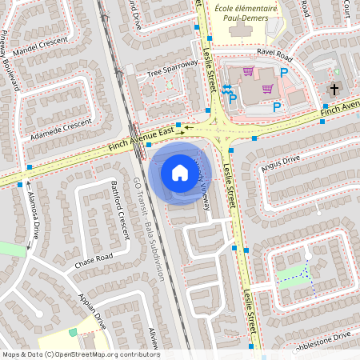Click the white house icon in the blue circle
(x=179, y=173)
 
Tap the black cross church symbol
(x=335, y=90)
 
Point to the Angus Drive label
(x=279, y=163)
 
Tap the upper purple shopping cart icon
(x=248, y=71)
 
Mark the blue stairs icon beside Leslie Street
(x=227, y=89)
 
